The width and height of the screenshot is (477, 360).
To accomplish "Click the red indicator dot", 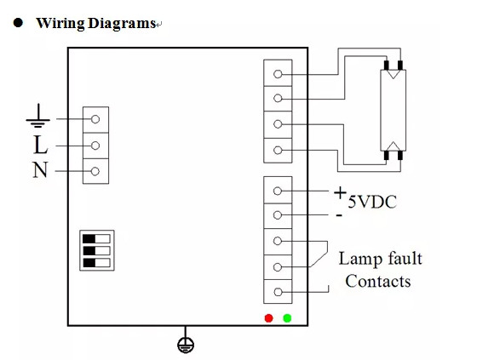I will [x=269, y=317].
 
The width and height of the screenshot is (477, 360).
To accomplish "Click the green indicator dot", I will [x=288, y=317].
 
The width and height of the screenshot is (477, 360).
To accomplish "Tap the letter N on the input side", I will [x=41, y=170].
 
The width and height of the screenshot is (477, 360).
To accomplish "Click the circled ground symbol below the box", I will [x=184, y=345].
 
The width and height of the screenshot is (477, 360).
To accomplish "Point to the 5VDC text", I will [x=372, y=203].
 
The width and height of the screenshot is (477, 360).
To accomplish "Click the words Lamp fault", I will [x=380, y=258].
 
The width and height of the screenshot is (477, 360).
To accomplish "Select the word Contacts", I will [x=378, y=281].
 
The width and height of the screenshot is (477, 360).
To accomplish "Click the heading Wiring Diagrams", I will [x=94, y=23].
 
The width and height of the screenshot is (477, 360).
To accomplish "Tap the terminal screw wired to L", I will [x=96, y=145].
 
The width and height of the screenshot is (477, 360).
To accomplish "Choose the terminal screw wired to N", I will [x=96, y=171].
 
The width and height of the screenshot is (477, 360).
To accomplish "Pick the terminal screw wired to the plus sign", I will [x=279, y=191].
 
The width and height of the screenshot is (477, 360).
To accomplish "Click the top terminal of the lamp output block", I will [x=279, y=73].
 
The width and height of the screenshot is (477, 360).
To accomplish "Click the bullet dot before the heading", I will [x=16, y=23].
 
